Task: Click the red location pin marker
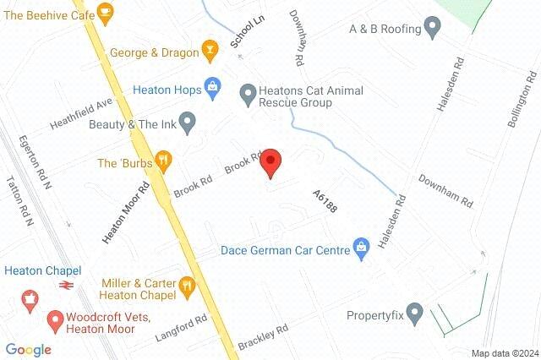pyautogui.click(x=270, y=162)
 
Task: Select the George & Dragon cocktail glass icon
pyautogui.click(x=209, y=53)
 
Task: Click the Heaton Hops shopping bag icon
pyautogui.click(x=211, y=87)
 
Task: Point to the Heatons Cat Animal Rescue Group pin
pyautogui.click(x=248, y=92)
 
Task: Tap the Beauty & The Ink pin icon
pyautogui.click(x=189, y=123)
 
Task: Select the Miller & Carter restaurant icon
pyautogui.click(x=188, y=289)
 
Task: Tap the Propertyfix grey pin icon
pyautogui.click(x=413, y=316)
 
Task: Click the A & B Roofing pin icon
pyautogui.click(x=432, y=29)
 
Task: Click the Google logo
pyautogui.click(x=28, y=349)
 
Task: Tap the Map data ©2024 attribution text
pyautogui.click(x=505, y=353)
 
